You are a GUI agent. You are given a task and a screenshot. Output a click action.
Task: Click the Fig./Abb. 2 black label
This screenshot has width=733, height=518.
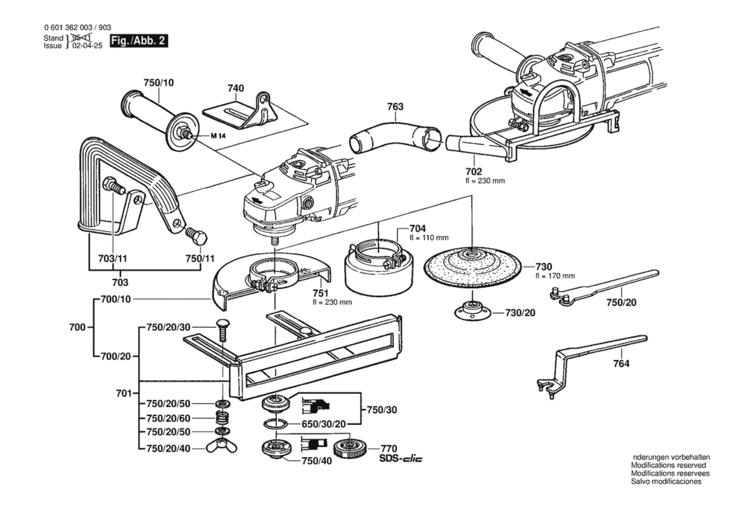click(138, 41)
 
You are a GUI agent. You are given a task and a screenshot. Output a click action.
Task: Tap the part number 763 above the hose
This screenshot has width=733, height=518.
click(395, 107)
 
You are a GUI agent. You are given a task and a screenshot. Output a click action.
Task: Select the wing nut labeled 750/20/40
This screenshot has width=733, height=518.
click(222, 447)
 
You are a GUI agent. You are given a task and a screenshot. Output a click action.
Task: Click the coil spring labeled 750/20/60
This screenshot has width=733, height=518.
click(222, 418)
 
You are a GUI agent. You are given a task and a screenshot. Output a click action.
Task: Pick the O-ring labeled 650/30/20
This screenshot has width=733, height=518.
click(276, 424)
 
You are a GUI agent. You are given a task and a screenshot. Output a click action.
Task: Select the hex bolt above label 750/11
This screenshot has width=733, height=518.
click(196, 236)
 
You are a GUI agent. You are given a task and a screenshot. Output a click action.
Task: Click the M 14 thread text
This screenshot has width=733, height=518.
click(218, 136)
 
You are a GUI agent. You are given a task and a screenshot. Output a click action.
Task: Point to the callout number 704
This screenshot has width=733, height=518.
click(417, 228)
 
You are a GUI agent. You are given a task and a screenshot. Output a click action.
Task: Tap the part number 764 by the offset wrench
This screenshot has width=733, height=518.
click(621, 364)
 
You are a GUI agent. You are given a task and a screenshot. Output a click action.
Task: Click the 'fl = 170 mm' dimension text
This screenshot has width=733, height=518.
click(555, 276)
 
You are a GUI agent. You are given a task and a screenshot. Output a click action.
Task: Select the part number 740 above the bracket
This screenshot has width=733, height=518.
click(236, 88)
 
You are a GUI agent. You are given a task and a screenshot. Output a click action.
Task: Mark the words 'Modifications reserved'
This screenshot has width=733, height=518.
click(668, 465)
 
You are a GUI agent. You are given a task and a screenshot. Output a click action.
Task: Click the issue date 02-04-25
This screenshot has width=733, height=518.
click(87, 46)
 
